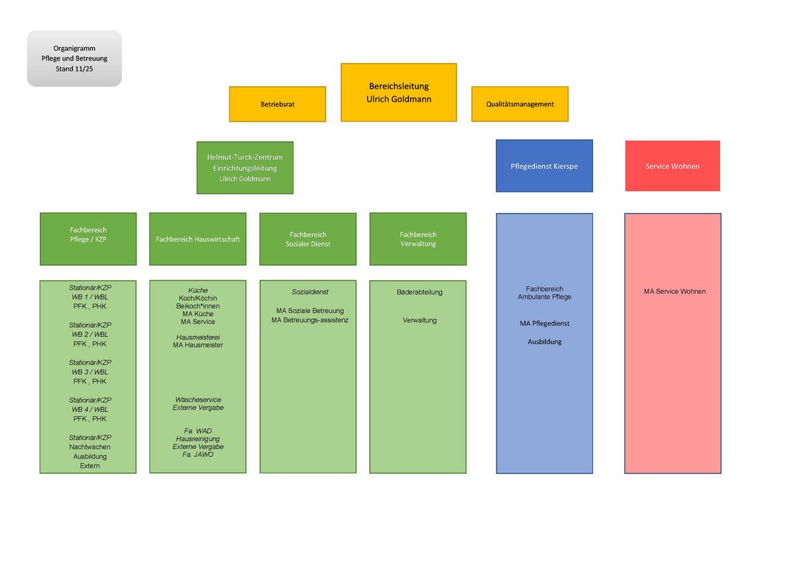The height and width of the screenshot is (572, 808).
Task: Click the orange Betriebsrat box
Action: (277, 104)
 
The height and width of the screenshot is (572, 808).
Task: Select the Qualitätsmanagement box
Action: (519, 104)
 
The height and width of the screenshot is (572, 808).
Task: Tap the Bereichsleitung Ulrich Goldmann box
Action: (399, 92)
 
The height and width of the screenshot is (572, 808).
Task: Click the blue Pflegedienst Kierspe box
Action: (544, 166)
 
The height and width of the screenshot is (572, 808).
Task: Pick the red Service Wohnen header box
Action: (672, 166)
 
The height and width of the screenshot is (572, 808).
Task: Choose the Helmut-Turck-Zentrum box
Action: (245, 167)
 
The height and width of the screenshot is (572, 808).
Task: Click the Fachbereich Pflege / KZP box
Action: (88, 239)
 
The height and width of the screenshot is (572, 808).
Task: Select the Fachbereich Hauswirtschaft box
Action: (198, 239)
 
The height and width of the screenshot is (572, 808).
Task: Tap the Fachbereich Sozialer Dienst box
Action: (308, 239)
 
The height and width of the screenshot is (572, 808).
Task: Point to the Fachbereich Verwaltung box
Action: (418, 239)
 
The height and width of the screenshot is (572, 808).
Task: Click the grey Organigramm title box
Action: (74, 59)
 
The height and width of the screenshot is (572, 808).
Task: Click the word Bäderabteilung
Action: (419, 292)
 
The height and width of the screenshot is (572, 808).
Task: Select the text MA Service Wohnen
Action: (674, 291)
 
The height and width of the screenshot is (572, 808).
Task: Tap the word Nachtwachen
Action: (90, 447)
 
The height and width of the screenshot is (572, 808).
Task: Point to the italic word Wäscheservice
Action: (198, 400)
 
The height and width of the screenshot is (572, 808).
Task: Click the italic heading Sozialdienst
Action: (310, 292)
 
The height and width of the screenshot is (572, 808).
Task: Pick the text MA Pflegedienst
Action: (544, 323)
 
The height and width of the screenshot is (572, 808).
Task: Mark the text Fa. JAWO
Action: (198, 455)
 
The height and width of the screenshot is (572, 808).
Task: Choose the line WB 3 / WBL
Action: (90, 372)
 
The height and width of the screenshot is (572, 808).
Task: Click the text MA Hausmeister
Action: (198, 345)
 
